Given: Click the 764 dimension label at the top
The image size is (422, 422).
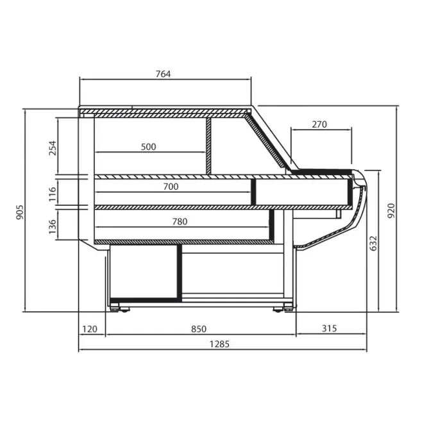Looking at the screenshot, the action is pos(163,74).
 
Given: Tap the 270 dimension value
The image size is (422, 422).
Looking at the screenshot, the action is pos(319,124).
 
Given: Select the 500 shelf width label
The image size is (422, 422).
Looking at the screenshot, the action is pos(148,147).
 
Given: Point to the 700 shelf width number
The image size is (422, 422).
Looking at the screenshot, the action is pos(171,186).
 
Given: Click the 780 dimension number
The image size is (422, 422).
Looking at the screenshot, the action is pos(180,221).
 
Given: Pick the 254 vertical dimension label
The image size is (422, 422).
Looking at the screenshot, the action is pos(53,148).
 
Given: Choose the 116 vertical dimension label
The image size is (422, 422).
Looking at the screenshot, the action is pos(53,194).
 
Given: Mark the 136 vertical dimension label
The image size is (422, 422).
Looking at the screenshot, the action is pos(53,226).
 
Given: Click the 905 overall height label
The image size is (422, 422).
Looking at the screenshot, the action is pos(20,212).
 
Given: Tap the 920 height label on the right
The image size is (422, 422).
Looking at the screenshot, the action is pos(391,211).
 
